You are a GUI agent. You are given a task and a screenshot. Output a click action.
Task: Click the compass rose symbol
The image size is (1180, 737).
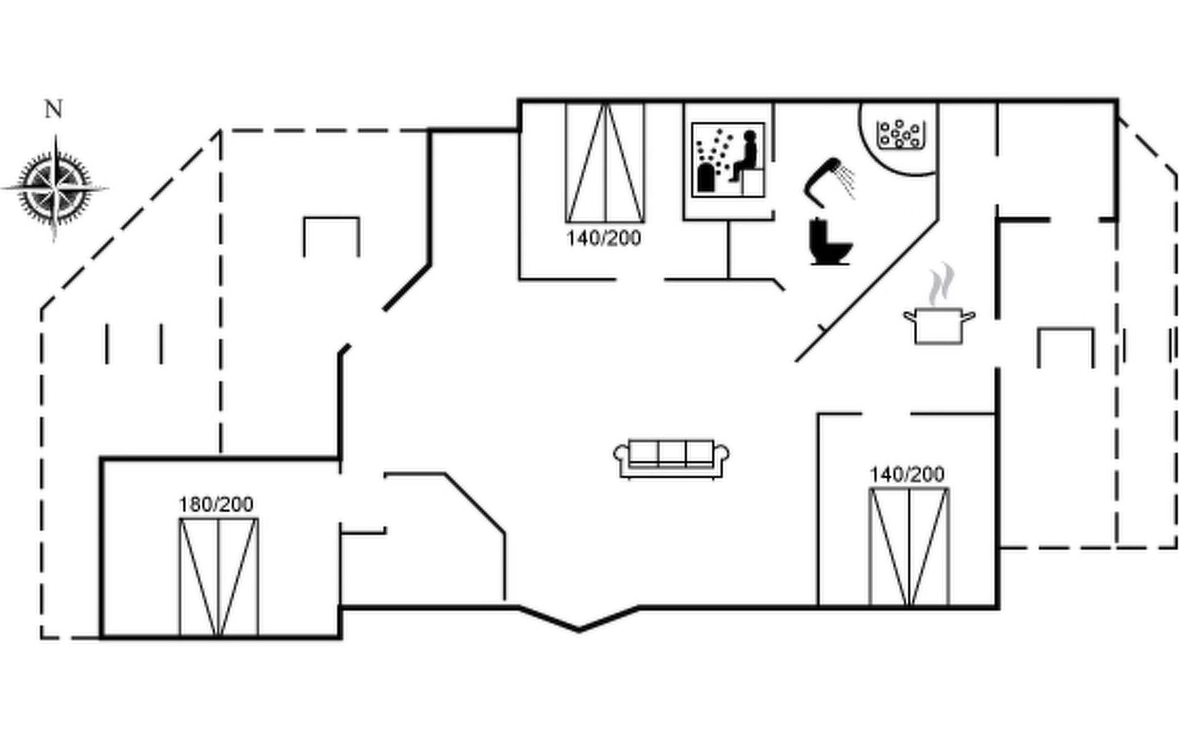tap(55, 187)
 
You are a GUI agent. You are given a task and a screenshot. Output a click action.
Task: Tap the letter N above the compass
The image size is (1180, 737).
tap(53, 109)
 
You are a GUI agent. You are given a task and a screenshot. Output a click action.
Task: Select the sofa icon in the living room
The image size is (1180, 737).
tap(671, 458)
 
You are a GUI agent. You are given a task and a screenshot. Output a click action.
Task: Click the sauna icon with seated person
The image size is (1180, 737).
tap(728, 160)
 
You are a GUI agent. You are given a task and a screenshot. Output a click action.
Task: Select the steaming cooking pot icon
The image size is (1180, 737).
tap(938, 324)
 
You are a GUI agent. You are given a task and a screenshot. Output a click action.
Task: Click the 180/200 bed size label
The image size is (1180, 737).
tap(216, 505)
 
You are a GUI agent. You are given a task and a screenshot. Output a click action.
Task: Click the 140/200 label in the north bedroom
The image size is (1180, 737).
tap(604, 238)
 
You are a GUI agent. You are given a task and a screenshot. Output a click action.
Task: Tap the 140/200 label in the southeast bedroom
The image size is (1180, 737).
tap(907, 475)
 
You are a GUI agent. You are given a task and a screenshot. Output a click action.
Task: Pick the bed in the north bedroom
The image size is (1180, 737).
tap(605, 163)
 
